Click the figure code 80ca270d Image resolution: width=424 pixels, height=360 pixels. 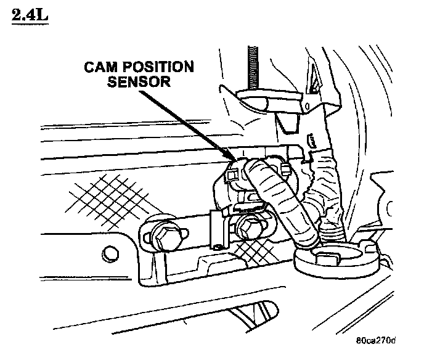click(x=376, y=340)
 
